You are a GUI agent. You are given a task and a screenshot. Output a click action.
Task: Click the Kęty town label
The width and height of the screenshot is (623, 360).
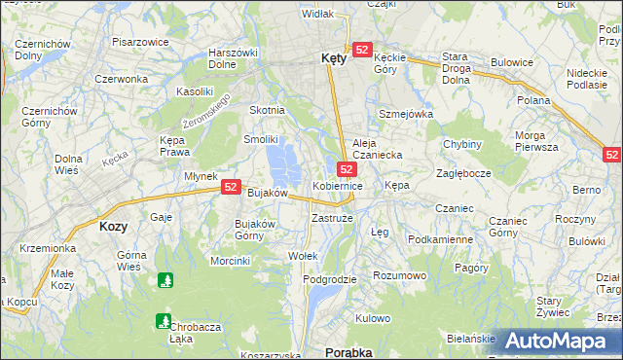point(333,58)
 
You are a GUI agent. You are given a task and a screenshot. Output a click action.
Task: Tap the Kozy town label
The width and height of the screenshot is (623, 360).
point(114,225)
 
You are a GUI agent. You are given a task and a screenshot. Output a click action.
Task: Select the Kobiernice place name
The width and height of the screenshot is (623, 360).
point(338,185)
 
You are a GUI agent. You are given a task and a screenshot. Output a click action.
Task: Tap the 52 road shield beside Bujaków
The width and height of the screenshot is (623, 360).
point(231,187)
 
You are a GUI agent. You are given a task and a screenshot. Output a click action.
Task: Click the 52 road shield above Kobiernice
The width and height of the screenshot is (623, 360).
point(347,169)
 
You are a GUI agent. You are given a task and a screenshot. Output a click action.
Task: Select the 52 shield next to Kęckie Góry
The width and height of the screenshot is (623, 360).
point(362,50)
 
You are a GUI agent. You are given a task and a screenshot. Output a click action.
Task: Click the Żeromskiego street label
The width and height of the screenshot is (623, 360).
point(207,114)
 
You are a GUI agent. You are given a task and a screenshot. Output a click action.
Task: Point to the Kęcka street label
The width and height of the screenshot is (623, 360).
point(116,157)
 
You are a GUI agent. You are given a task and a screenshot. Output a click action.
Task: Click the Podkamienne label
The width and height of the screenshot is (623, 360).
point(440,239)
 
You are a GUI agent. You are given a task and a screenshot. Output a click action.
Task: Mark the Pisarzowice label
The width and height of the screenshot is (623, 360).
point(141,43)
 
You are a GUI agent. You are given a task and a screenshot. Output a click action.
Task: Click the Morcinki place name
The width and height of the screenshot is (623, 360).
point(231,260)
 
